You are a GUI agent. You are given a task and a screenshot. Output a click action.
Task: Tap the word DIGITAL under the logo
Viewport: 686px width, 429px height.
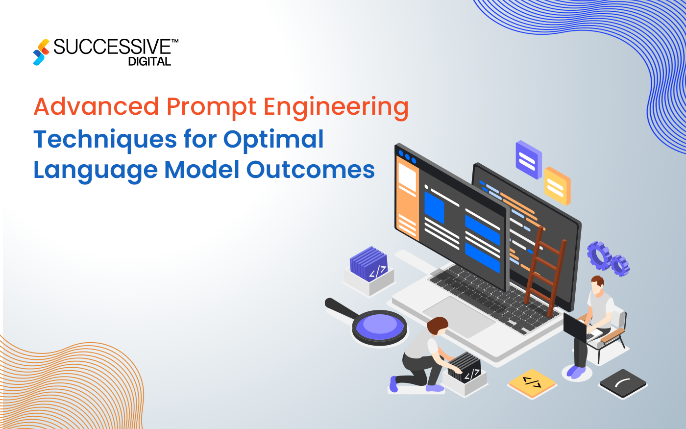149,62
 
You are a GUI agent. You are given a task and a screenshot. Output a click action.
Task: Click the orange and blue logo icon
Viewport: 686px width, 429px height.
41,52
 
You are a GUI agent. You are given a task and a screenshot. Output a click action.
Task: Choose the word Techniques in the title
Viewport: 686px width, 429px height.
105,140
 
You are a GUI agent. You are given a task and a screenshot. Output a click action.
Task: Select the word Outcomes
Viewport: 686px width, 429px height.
310,170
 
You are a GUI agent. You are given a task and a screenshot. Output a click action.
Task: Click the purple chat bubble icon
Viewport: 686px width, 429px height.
528,159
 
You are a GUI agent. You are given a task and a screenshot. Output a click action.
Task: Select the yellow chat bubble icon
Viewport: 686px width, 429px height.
557,185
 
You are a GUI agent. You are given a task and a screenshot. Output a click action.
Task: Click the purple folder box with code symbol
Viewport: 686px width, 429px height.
369,265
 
